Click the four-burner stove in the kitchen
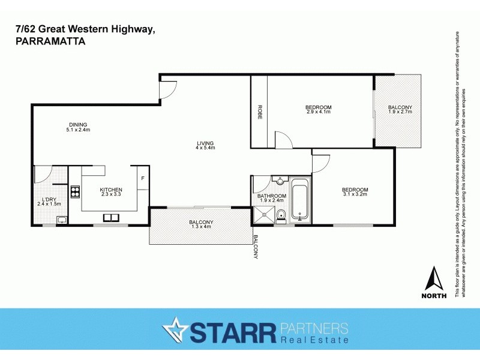point(76,193)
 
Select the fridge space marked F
point(143,179)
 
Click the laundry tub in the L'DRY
point(61,220)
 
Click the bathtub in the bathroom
point(299,200)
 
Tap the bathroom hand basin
point(280,180)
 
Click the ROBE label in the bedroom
point(260,112)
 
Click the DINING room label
point(78,125)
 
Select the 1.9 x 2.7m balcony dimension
point(400,112)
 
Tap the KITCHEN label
point(111,190)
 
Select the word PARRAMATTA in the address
point(50,42)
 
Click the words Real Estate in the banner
point(314,341)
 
